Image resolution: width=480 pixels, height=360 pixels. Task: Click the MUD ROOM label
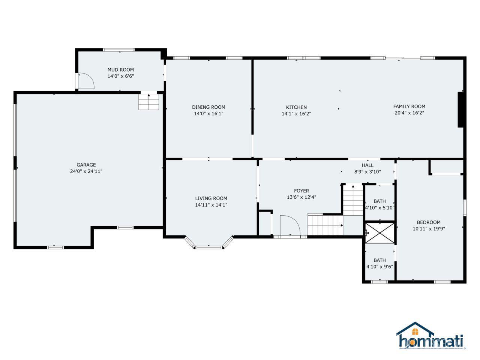[120, 70]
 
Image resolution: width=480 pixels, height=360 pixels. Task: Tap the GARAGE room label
[86, 165]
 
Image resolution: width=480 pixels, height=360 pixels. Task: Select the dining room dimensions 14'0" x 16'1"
[208, 114]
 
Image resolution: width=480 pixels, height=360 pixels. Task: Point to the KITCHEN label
[296, 107]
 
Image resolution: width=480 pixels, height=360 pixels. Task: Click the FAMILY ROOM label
[409, 106]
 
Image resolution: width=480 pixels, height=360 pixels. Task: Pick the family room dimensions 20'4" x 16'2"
[409, 113]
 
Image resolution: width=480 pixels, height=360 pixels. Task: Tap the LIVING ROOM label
[211, 198]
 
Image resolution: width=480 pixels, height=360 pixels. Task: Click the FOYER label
[301, 191]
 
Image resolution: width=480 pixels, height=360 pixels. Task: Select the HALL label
[367, 165]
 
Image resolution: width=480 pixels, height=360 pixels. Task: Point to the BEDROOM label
[429, 222]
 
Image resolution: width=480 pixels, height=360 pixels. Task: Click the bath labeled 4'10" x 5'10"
[379, 201]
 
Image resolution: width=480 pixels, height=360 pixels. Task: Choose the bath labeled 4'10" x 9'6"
[379, 260]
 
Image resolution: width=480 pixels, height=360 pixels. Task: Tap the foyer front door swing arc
[295, 221]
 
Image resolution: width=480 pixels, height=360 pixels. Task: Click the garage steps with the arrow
[149, 102]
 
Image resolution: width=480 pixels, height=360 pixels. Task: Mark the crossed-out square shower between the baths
[380, 233]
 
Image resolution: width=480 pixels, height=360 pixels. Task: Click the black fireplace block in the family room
[460, 109]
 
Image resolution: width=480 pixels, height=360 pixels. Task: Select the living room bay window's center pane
[208, 247]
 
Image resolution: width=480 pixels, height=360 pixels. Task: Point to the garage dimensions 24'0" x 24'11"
[86, 171]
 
